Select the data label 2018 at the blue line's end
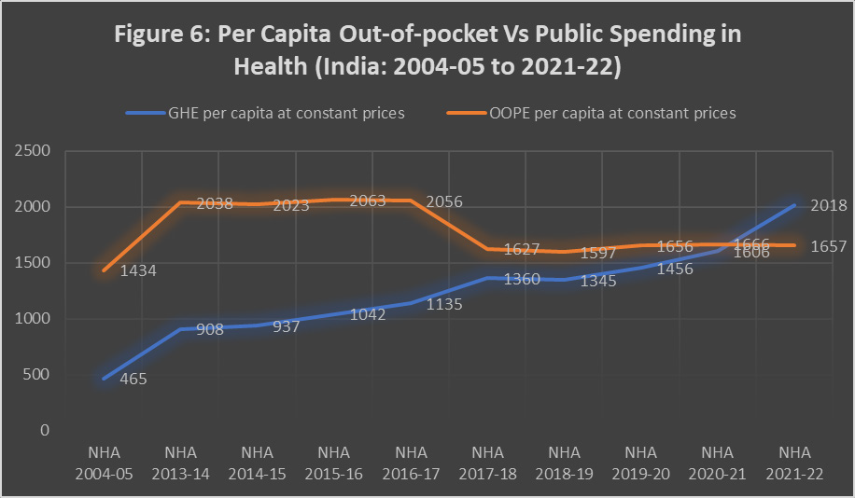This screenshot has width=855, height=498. [x=829, y=206]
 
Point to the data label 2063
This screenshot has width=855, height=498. [x=368, y=201]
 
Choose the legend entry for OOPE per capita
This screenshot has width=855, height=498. [x=612, y=113]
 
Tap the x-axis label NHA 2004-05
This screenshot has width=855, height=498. [x=103, y=463]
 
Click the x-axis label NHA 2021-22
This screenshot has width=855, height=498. [x=795, y=463]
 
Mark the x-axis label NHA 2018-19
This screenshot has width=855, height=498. [x=565, y=463]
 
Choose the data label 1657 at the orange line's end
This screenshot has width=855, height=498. [x=829, y=246]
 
